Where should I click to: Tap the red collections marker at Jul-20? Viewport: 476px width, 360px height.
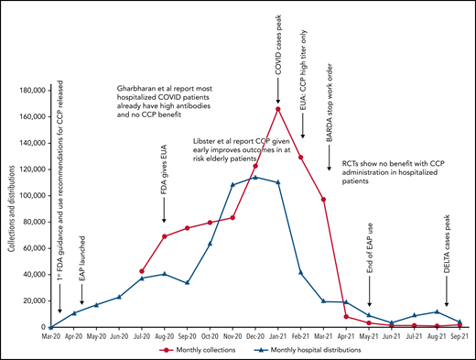tap(142, 271)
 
